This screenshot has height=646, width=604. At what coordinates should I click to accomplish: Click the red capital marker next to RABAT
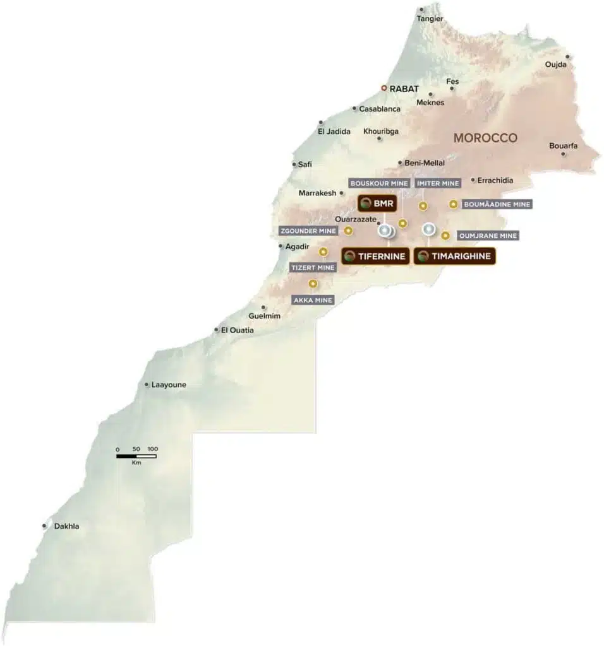click(384, 88)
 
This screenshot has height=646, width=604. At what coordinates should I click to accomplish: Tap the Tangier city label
click(430, 19)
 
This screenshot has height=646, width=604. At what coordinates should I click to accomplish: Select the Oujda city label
click(556, 64)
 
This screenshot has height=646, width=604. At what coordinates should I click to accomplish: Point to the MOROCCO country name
click(485, 138)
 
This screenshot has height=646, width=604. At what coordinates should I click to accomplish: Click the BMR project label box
click(377, 203)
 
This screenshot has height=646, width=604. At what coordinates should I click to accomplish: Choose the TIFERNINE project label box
click(374, 256)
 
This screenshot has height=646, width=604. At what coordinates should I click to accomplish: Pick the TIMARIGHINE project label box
click(454, 256)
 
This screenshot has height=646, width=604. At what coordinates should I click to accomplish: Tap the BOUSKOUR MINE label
click(379, 183)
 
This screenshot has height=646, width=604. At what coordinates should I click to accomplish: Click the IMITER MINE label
click(438, 183)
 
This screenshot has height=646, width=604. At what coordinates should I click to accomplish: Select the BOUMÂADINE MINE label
click(497, 204)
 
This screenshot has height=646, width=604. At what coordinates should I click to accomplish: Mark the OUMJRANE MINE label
click(488, 236)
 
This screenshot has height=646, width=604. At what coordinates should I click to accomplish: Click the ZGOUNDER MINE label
click(308, 231)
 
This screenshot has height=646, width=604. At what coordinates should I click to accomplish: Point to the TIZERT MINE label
click(313, 267)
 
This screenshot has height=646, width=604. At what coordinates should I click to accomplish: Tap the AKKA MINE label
click(313, 300)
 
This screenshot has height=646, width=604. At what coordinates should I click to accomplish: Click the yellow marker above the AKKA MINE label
click(312, 284)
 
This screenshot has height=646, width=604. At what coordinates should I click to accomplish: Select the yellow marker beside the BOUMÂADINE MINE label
click(453, 204)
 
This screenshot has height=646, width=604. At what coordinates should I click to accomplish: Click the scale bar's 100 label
click(152, 449)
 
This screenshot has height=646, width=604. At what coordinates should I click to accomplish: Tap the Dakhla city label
click(67, 526)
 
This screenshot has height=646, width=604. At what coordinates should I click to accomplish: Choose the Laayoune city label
click(169, 384)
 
